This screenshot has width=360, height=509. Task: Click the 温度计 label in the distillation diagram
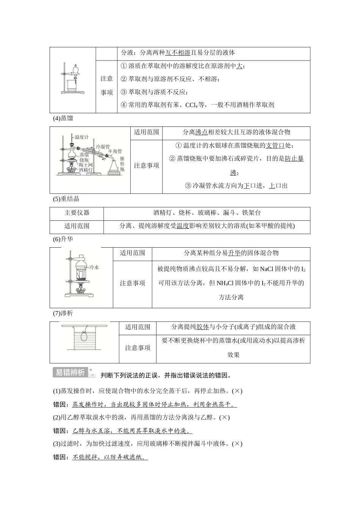click(x=81, y=137)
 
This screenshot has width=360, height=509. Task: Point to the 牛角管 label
click(x=115, y=151)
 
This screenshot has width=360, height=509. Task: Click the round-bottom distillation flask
click(x=72, y=155)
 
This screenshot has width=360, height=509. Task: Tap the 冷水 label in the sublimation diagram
click(x=94, y=267)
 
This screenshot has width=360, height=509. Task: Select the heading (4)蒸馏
click(x=63, y=118)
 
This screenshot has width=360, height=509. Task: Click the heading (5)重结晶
click(x=66, y=199)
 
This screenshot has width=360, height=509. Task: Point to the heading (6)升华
click(x=63, y=239)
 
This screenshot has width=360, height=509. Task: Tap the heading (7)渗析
click(x=63, y=313)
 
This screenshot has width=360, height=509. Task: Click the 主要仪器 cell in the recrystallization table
click(x=77, y=213)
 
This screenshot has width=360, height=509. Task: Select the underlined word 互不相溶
click(x=178, y=53)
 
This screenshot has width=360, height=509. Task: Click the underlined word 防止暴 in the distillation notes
click(x=294, y=159)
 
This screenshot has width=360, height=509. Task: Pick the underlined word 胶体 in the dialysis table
click(x=203, y=327)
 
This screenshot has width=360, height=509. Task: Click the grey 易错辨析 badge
click(x=70, y=372)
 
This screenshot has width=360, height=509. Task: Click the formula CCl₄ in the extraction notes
click(x=192, y=105)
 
